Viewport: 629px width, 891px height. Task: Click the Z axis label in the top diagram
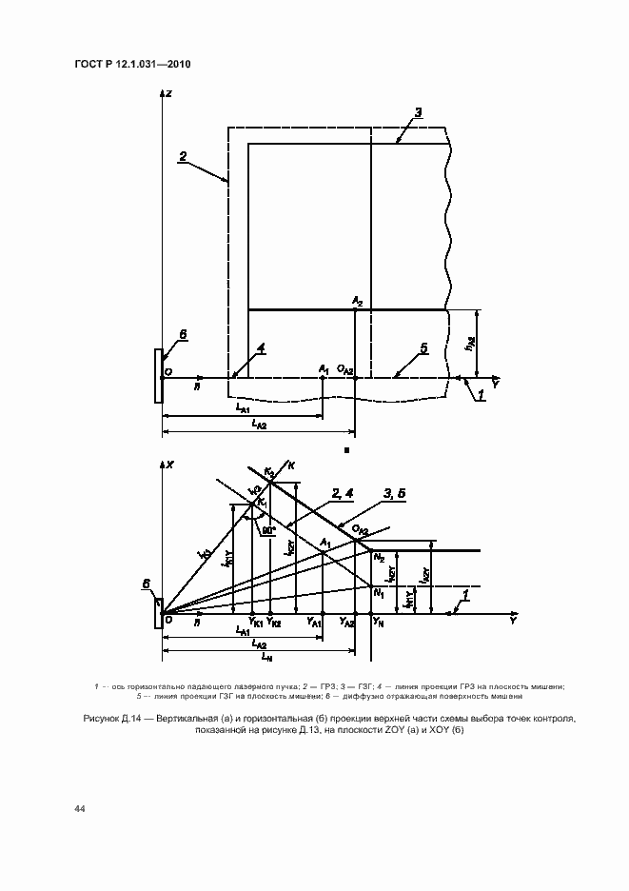(167, 93)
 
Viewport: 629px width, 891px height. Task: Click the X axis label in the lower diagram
(169, 465)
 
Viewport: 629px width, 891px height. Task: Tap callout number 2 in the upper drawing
(182, 156)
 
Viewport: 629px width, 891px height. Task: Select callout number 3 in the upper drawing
(418, 112)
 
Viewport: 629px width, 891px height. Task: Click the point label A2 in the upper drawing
(357, 300)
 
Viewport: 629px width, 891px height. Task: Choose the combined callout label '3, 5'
(394, 493)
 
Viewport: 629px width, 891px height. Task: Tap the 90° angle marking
(269, 529)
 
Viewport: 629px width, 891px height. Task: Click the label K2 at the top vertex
(269, 472)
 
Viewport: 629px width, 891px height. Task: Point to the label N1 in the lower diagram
(379, 593)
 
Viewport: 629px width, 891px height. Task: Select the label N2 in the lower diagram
(379, 556)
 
